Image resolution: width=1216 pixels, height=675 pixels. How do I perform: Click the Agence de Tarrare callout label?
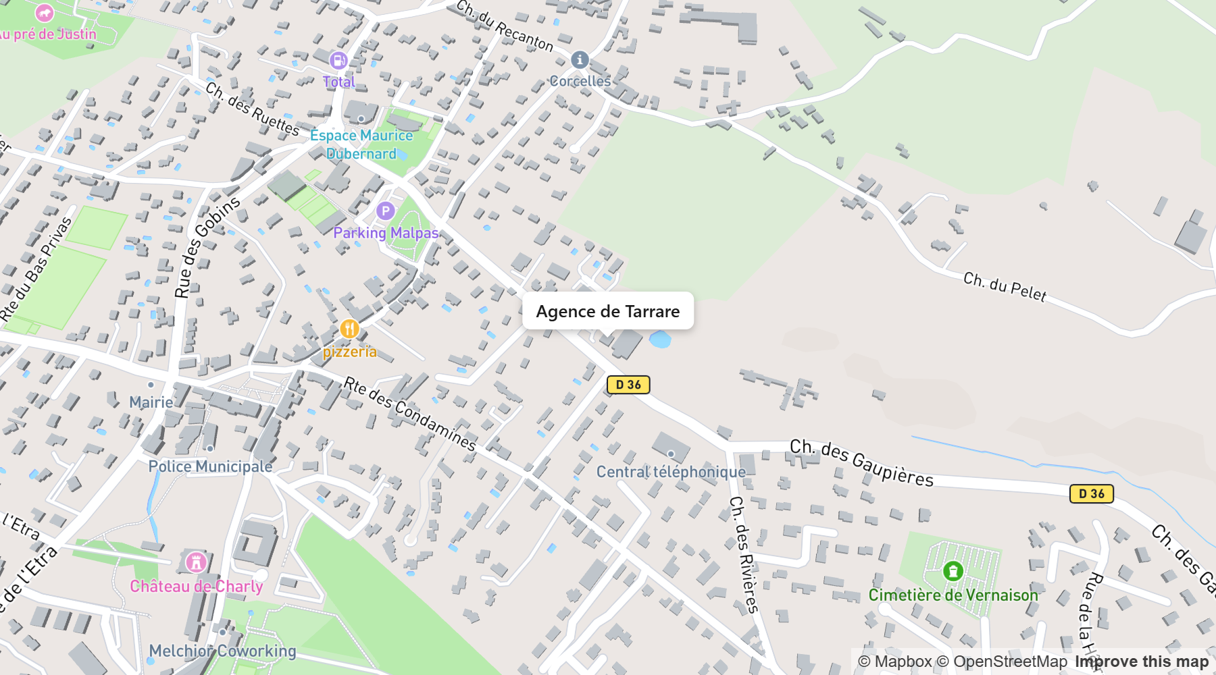point(607,311)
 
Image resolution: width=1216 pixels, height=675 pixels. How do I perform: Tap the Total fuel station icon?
point(338,61)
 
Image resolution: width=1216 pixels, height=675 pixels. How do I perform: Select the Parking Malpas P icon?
point(385,211)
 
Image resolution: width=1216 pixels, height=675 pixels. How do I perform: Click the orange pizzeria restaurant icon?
point(349,329)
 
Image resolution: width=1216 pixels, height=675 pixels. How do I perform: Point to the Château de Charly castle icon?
point(196,562)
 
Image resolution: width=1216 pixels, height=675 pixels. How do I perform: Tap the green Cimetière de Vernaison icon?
point(953,571)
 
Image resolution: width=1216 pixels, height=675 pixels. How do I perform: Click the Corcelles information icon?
point(579,60)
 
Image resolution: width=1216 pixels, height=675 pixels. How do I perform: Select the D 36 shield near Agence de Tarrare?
point(628,385)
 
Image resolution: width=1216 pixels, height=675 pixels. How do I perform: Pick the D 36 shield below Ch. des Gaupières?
point(1091,493)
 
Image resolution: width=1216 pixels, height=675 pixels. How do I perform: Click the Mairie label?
point(151,402)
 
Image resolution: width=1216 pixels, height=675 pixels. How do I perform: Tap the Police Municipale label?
point(210,466)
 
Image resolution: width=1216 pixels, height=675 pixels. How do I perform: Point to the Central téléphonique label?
point(671,472)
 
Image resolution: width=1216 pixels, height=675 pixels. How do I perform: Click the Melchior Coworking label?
point(222,651)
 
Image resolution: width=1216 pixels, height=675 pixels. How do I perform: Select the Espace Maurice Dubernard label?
point(361,144)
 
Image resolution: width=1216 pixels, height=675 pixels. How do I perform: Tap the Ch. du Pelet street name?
point(1005,287)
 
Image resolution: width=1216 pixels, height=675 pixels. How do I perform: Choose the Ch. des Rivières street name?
point(744,553)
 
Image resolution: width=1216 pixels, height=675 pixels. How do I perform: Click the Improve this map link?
point(1141,661)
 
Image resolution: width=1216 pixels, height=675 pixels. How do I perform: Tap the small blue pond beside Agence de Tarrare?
point(660,339)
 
